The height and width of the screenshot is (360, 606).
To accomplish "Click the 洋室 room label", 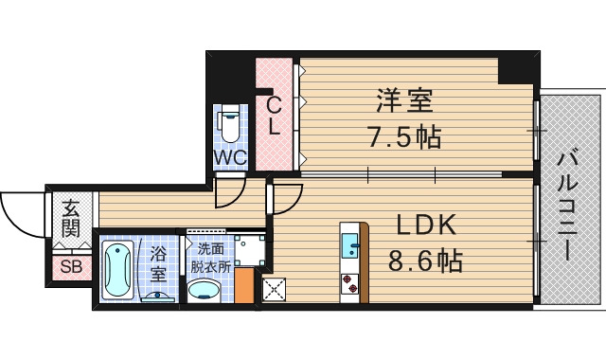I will (404, 99).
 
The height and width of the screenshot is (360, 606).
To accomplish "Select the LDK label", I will (426, 225).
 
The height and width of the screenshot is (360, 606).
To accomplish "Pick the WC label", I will (229, 157).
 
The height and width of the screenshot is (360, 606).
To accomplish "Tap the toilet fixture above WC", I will (228, 123).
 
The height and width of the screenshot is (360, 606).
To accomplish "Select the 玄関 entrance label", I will (71, 218).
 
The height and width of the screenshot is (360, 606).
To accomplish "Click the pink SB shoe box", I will (70, 265).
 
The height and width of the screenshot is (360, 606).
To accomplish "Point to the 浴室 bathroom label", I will (158, 263).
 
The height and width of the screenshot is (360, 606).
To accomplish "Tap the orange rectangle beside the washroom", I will (244, 287).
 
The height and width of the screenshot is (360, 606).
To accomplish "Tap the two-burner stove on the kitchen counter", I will (350, 283).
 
